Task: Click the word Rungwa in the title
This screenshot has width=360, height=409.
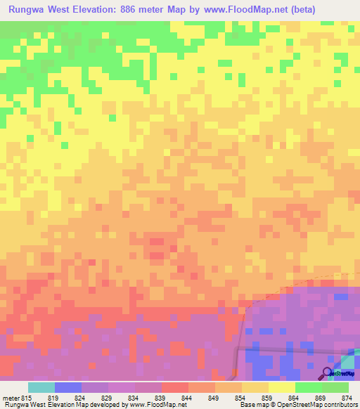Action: click(x=29, y=11)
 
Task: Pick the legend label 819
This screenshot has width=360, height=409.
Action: click(x=54, y=398)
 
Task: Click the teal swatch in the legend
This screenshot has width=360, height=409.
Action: click(x=41, y=387)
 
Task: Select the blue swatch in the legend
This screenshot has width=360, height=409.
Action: click(x=68, y=387)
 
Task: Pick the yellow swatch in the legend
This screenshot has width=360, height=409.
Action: click(x=281, y=387)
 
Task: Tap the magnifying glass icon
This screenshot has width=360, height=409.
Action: click(x=326, y=372)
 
